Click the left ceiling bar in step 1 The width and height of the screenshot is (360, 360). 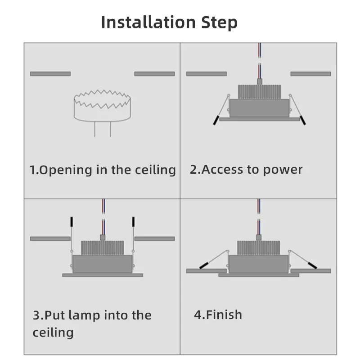pos(50,73)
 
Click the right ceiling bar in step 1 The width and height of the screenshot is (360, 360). pos(154,73)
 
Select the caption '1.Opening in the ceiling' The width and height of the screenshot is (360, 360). pos(103,170)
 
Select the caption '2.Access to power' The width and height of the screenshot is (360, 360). pos(246,170)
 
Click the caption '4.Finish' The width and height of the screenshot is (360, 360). pos(218,314)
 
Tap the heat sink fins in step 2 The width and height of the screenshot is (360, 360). pos(259,92)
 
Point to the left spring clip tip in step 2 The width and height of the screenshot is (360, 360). pos(216,120)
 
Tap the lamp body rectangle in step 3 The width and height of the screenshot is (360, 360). pos(103,264)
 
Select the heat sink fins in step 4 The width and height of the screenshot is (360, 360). pos(259,247)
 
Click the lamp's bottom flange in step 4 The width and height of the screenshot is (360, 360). pos(259,274)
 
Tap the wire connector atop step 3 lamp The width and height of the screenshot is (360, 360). pos(103,237)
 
